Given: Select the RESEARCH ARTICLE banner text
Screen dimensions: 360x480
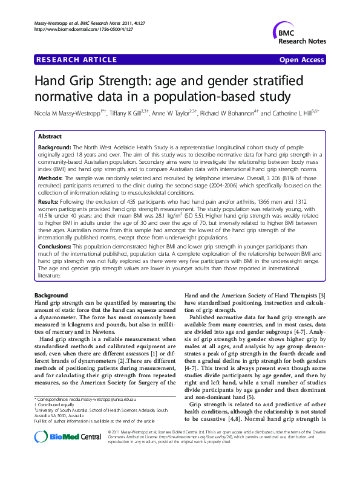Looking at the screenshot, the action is [x=77, y=60].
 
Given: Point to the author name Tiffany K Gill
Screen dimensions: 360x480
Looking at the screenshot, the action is [x=130, y=112].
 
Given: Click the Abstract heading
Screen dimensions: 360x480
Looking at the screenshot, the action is [x=50, y=137].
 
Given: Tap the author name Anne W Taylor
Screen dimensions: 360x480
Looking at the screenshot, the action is [x=175, y=112].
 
